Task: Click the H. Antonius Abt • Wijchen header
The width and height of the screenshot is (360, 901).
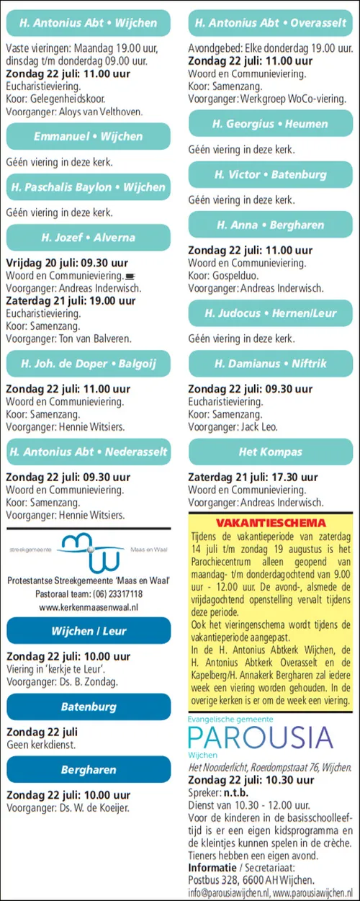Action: pyautogui.click(x=88, y=23)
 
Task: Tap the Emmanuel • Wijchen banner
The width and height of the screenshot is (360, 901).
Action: pyautogui.click(x=88, y=136)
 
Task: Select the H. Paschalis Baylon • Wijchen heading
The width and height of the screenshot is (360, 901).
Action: pyautogui.click(x=88, y=187)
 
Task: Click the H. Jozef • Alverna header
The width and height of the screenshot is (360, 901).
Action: pyautogui.click(x=88, y=237)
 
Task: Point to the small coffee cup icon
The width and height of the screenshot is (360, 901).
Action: pyautogui.click(x=130, y=275)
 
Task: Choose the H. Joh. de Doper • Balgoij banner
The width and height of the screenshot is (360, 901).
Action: pyautogui.click(x=88, y=363)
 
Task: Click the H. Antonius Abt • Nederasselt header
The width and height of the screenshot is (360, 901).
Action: pyautogui.click(x=88, y=452)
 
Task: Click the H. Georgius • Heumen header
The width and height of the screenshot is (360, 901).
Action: pyautogui.click(x=271, y=124)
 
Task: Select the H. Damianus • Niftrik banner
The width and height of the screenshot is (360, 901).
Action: pyautogui.click(x=271, y=363)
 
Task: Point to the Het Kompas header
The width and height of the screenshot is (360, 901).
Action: pyautogui.click(x=271, y=452)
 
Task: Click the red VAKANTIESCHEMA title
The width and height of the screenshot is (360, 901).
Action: pyautogui.click(x=271, y=523)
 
